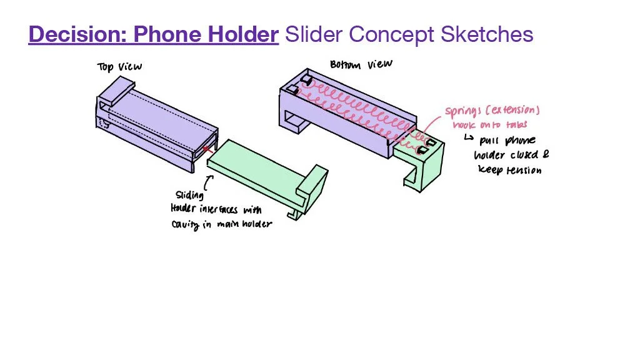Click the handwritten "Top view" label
click(119, 66)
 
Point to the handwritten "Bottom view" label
click(361, 65)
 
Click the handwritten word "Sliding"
click(189, 196)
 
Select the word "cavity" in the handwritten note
click(186, 224)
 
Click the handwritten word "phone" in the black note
click(519, 140)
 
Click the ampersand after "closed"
click(545, 154)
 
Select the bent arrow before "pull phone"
click(468, 138)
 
